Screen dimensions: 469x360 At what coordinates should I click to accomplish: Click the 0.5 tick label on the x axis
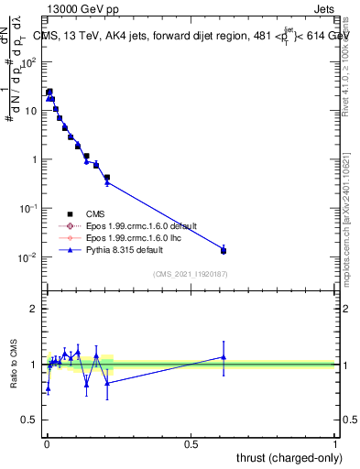pos(191,443)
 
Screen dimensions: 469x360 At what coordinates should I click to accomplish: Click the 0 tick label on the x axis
pos(47,443)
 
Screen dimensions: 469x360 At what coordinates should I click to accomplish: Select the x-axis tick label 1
pos(334,443)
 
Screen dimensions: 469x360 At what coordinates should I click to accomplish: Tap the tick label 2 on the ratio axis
pos(36,309)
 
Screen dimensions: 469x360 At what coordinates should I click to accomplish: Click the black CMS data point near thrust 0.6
pos(224,250)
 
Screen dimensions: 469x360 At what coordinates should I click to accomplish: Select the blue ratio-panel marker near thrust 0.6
pos(224,357)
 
